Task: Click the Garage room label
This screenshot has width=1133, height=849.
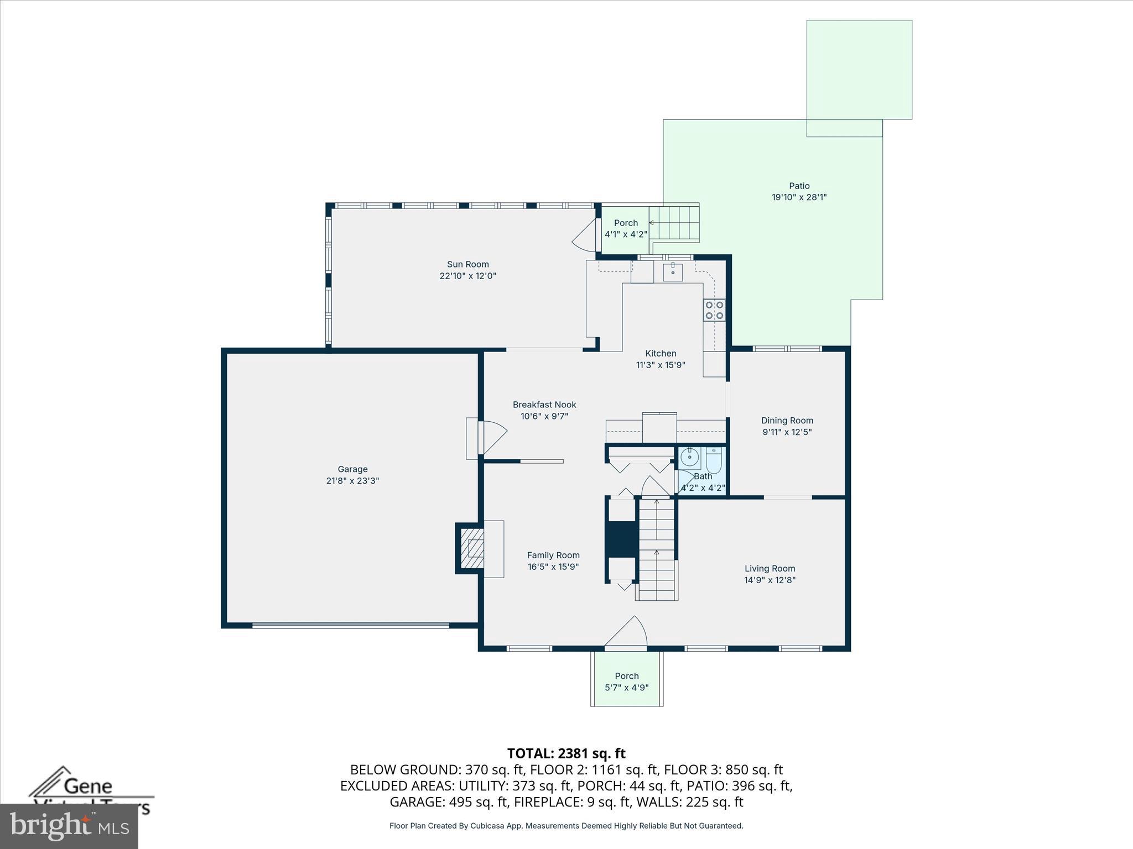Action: [x=352, y=469]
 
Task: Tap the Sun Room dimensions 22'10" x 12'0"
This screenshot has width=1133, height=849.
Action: [x=467, y=276]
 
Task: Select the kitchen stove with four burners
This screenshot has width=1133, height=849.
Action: [x=714, y=310]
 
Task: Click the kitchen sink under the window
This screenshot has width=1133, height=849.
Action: [x=672, y=272]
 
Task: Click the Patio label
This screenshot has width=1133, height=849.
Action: [x=799, y=186]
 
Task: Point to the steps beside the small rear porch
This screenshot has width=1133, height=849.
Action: [x=675, y=223]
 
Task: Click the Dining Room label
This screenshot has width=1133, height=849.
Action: [x=787, y=421]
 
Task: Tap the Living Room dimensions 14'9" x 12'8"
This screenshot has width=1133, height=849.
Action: [x=770, y=580]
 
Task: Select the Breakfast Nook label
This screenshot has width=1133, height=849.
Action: [x=544, y=405]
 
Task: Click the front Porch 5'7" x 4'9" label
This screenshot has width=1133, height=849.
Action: [x=626, y=682]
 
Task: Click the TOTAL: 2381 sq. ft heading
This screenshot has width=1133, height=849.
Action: [x=566, y=753]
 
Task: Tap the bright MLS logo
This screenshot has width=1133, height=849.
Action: [x=69, y=826]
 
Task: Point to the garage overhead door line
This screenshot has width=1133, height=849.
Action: [x=351, y=626]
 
